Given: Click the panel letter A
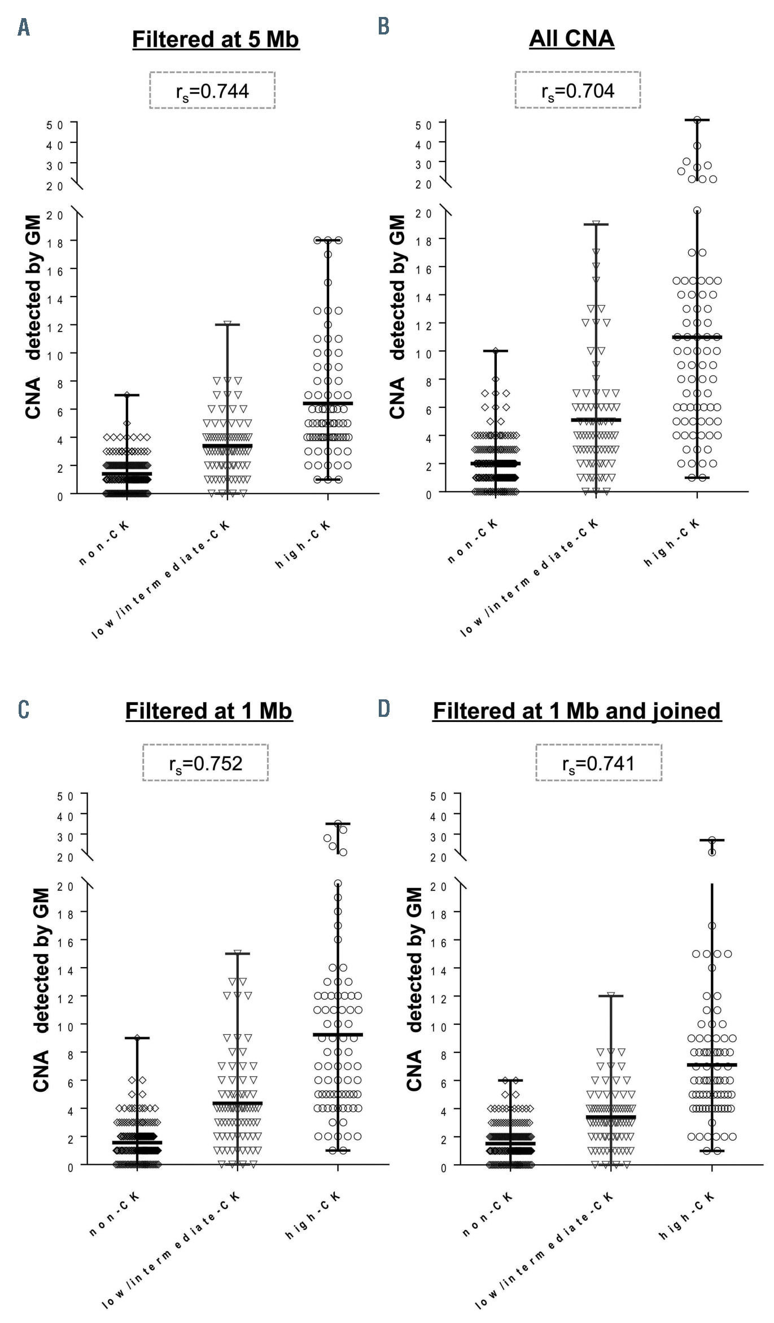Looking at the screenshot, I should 24,27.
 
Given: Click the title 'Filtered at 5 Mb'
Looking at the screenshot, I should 215,40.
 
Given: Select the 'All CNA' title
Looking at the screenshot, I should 571,38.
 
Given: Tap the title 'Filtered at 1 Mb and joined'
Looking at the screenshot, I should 576,711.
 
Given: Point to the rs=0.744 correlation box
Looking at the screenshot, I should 212,90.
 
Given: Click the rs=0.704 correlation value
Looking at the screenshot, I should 578,90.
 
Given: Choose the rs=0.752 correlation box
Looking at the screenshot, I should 205,763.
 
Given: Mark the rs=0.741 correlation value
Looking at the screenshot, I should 598,763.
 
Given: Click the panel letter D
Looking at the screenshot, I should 384,708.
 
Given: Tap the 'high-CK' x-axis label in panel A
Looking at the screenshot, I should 303,545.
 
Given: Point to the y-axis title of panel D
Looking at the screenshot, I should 414,989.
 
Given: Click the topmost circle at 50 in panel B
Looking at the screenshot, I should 697,120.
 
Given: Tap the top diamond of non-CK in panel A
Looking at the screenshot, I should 127,395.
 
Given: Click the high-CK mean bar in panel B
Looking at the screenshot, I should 697,337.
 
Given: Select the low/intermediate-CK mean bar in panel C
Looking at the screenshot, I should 238,1103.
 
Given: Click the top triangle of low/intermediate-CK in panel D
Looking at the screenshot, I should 611,995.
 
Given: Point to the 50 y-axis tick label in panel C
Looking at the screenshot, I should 65,796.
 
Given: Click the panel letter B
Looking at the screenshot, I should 383,26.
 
